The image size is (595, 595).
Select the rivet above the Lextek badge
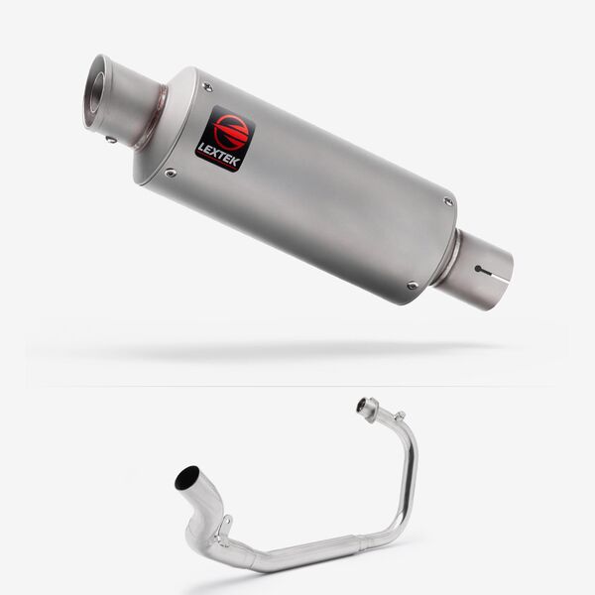207,88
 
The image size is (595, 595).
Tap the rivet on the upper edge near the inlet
448,201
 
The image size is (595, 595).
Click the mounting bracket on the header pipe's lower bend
224,526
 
